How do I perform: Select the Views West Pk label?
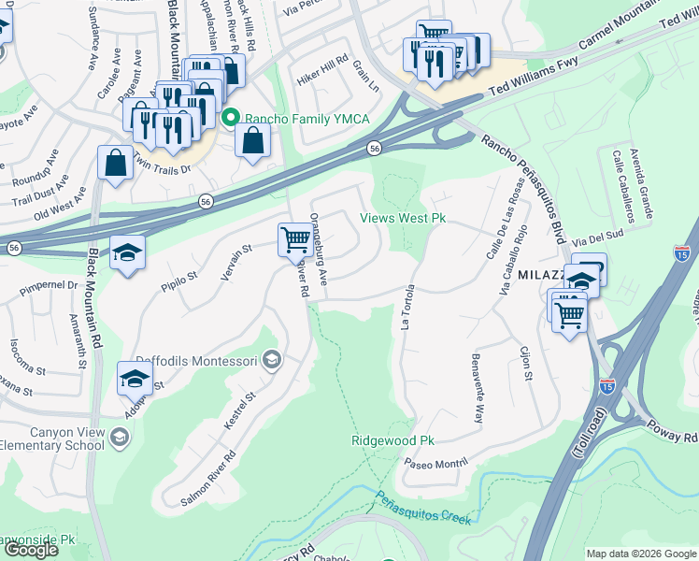tap(402, 219)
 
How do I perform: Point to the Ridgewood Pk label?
tap(393, 440)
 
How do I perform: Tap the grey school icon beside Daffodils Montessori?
tap(271, 360)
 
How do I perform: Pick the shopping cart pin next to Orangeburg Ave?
tap(295, 240)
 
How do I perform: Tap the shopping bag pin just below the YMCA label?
tap(252, 141)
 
